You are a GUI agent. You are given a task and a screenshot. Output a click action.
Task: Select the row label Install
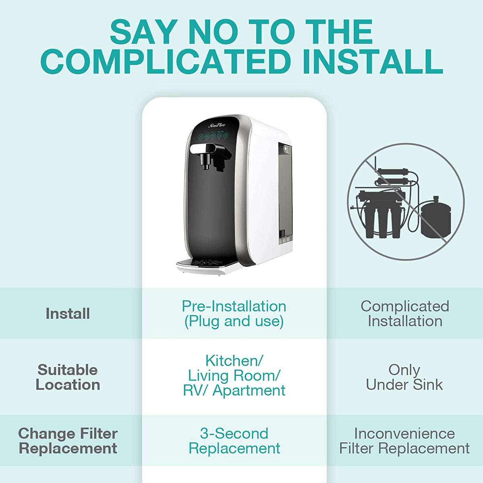point(68,314)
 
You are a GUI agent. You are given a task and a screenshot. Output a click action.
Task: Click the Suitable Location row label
point(68,377)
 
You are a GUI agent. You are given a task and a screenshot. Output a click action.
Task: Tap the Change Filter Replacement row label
point(68,441)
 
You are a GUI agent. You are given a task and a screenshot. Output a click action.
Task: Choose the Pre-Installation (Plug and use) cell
point(234,314)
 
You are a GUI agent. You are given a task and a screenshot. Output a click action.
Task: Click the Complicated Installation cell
point(405,314)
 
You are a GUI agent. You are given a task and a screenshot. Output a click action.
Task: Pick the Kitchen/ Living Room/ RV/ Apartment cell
point(234,376)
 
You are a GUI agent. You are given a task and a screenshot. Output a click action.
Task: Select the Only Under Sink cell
point(404,377)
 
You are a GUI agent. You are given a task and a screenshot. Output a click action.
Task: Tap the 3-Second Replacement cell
point(234,441)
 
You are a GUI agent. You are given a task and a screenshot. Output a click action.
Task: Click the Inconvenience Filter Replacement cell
point(404,441)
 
